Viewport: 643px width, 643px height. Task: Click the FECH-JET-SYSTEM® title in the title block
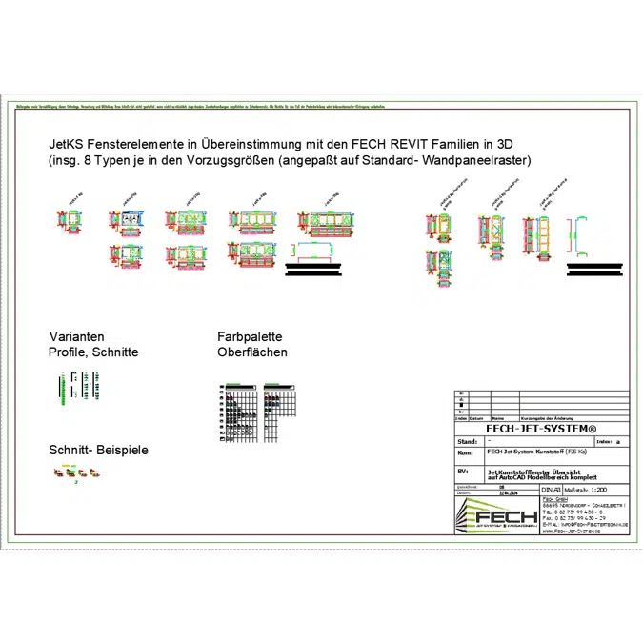(x=540, y=430)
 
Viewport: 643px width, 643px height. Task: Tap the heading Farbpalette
(x=250, y=337)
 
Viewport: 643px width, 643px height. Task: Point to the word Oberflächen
(x=251, y=352)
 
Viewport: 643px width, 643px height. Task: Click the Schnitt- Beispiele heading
(x=98, y=450)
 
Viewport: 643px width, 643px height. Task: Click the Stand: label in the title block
(x=468, y=442)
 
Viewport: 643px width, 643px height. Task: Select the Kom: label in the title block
(x=466, y=453)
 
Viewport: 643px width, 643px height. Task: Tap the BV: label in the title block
(x=464, y=472)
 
